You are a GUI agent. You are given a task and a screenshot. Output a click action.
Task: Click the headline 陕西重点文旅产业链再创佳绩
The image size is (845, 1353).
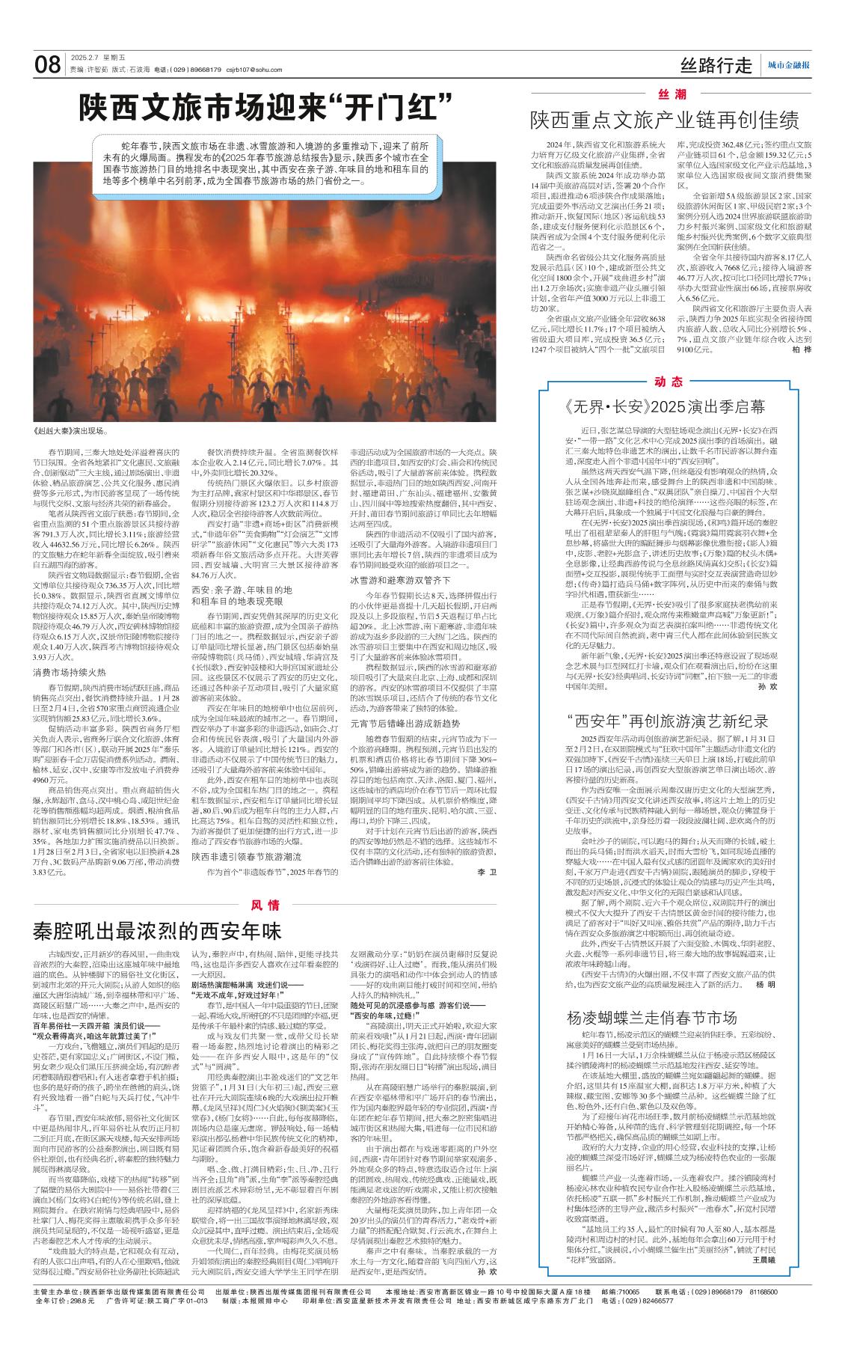[665, 120]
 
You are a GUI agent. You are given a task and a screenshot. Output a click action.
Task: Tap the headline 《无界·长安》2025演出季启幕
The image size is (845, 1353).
[666, 407]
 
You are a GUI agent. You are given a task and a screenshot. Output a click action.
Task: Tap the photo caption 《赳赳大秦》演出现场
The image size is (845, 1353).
[72, 432]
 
